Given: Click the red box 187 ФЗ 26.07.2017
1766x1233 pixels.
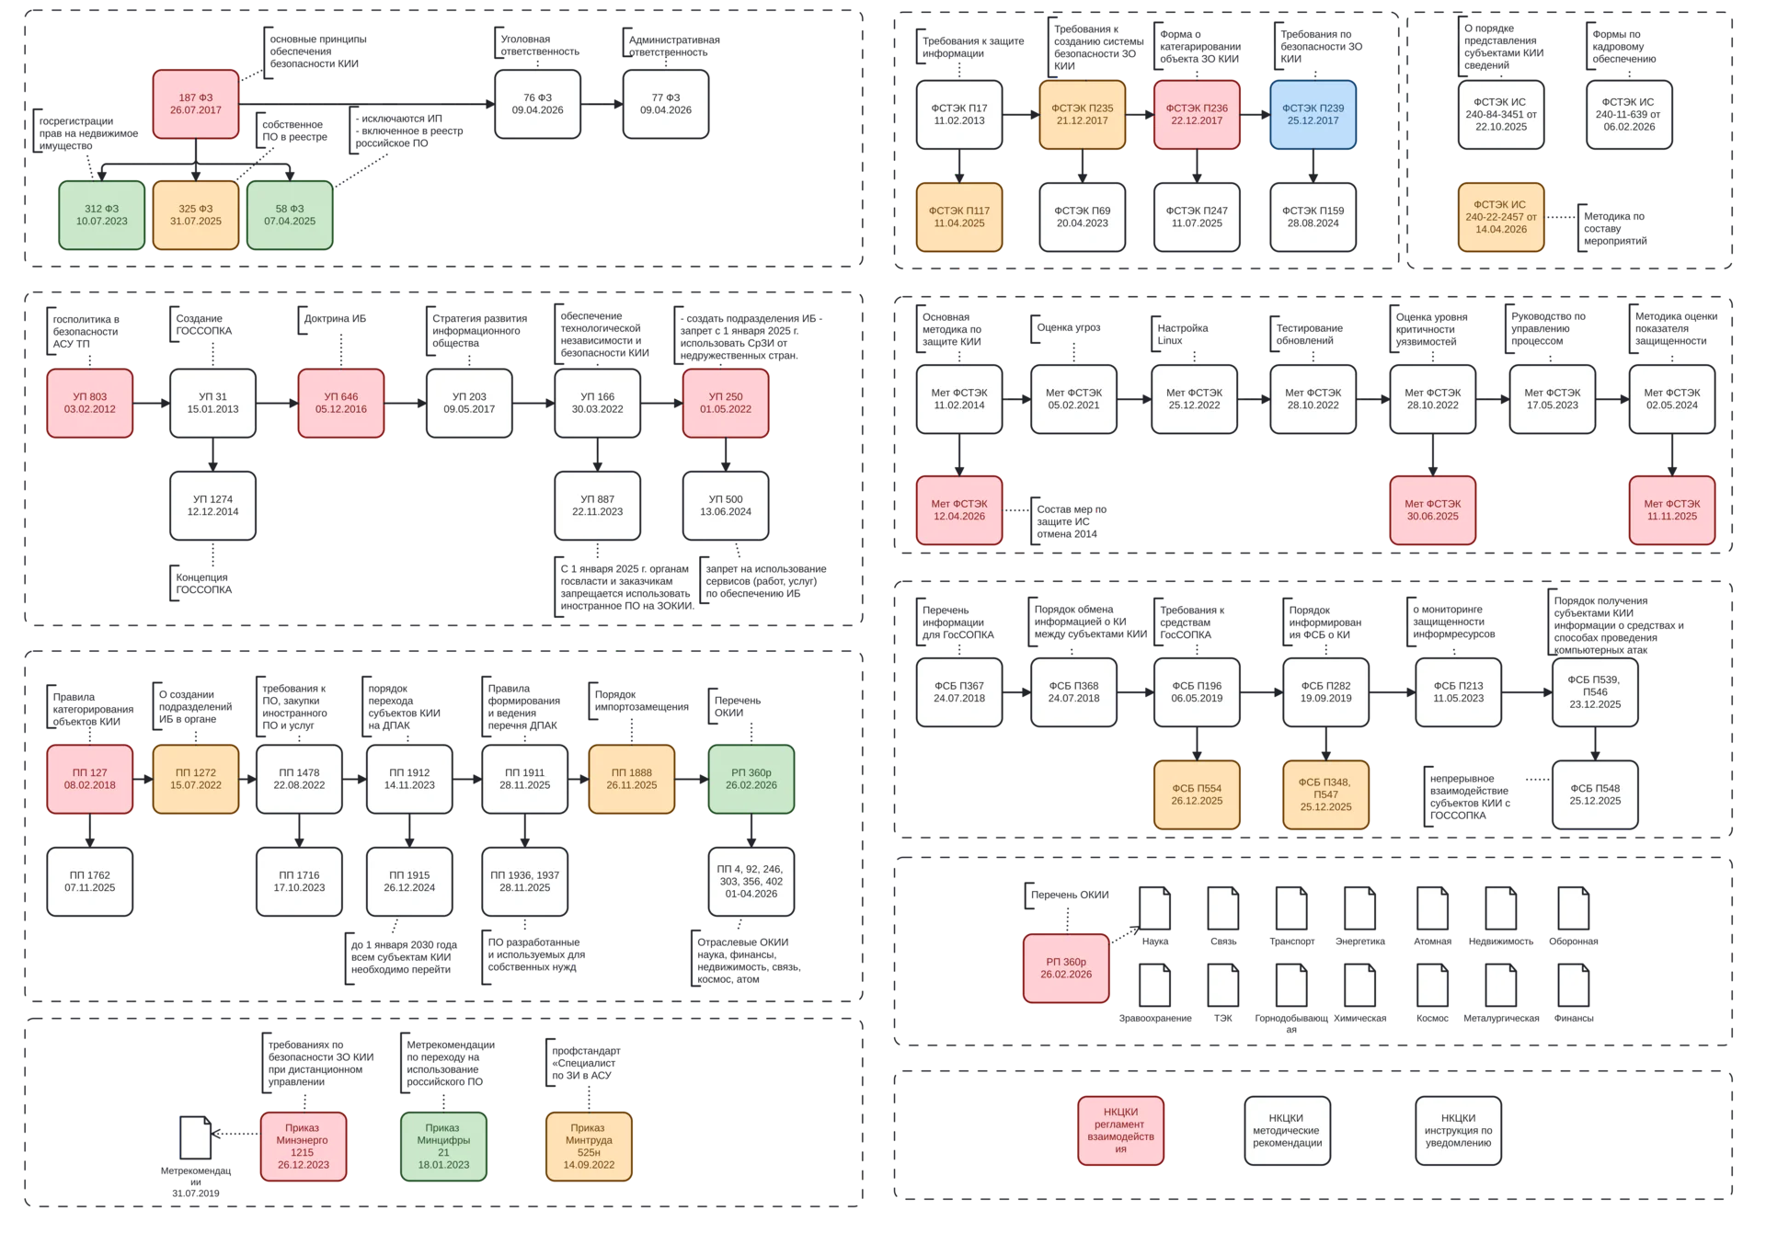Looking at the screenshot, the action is (196, 104).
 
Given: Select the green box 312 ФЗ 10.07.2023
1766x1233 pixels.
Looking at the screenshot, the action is (102, 215).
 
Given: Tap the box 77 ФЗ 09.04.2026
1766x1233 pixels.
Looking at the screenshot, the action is (666, 104).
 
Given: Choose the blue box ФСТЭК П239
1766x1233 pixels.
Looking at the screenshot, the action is (1313, 115).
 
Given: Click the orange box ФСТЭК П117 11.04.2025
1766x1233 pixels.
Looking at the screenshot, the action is (959, 217).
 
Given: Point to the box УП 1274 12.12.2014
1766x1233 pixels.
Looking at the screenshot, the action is (212, 506).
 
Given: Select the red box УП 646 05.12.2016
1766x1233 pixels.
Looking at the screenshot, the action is (341, 403).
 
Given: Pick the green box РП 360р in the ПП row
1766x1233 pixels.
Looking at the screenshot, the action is (751, 779).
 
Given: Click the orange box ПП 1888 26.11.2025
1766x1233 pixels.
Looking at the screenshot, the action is (632, 779).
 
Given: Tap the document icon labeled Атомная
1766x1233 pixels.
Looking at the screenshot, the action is (1432, 908).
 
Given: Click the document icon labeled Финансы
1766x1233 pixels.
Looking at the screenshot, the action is (1574, 986).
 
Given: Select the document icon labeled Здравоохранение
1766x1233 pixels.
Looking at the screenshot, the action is (1155, 986).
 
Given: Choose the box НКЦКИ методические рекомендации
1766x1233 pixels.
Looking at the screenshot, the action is (1288, 1131).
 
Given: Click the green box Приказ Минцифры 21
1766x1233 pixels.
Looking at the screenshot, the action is (443, 1147).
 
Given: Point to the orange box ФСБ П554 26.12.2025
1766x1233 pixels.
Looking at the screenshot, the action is (1197, 794).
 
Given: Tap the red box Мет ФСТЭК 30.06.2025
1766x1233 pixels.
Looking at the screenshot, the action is (1432, 510).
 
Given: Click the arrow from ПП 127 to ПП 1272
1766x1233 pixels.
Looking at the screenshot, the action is (143, 779).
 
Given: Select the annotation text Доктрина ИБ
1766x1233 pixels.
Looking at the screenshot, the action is (336, 319).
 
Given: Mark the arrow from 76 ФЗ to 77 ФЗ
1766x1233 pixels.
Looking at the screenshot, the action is (602, 104).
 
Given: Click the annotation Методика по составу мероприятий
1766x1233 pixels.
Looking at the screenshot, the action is (1615, 229).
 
